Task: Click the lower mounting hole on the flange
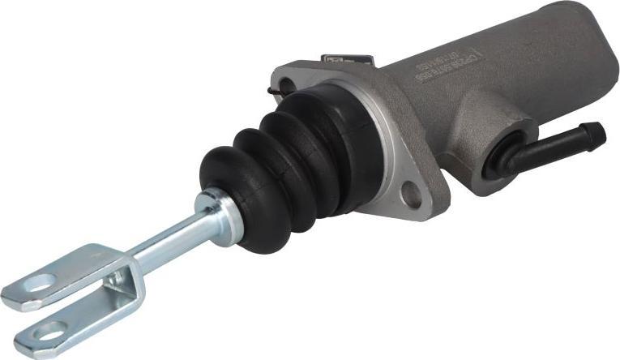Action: [x=413, y=195]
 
